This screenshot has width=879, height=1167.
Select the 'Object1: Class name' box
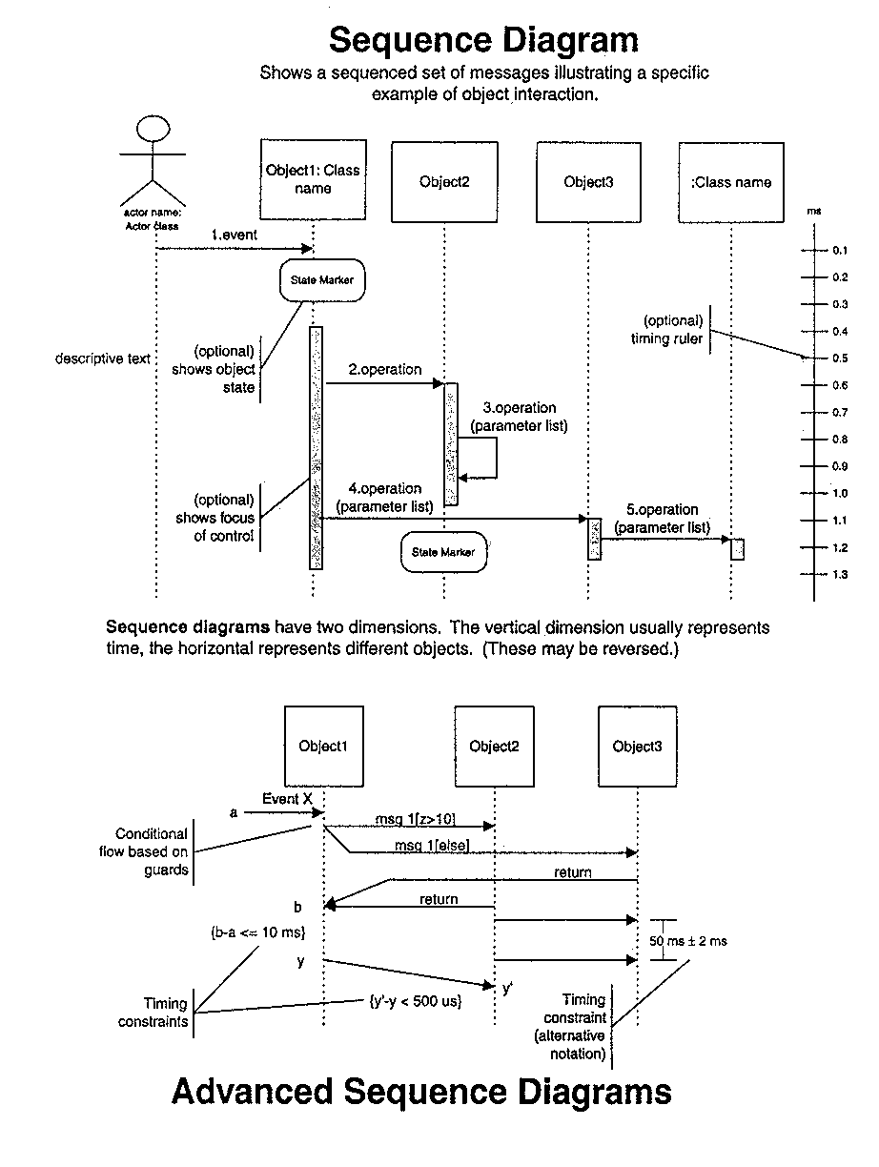point(313,182)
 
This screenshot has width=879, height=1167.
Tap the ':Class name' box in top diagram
point(730,182)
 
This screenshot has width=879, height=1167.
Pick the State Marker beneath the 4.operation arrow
point(443,552)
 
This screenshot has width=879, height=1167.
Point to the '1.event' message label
point(235,234)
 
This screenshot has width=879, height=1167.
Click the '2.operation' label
point(384,369)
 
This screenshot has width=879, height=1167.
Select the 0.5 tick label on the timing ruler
point(840,358)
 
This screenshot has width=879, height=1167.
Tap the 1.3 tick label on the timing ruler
point(840,574)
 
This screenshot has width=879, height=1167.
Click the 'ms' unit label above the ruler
point(813,210)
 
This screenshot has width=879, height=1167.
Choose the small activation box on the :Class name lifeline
point(737,548)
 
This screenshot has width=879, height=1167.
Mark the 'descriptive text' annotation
point(103,359)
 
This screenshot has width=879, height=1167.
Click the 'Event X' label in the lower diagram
point(287,799)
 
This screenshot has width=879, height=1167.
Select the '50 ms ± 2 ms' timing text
point(688,941)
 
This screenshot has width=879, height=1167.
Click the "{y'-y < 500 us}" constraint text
point(415,1002)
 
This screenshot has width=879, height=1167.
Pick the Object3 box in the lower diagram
point(637,747)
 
